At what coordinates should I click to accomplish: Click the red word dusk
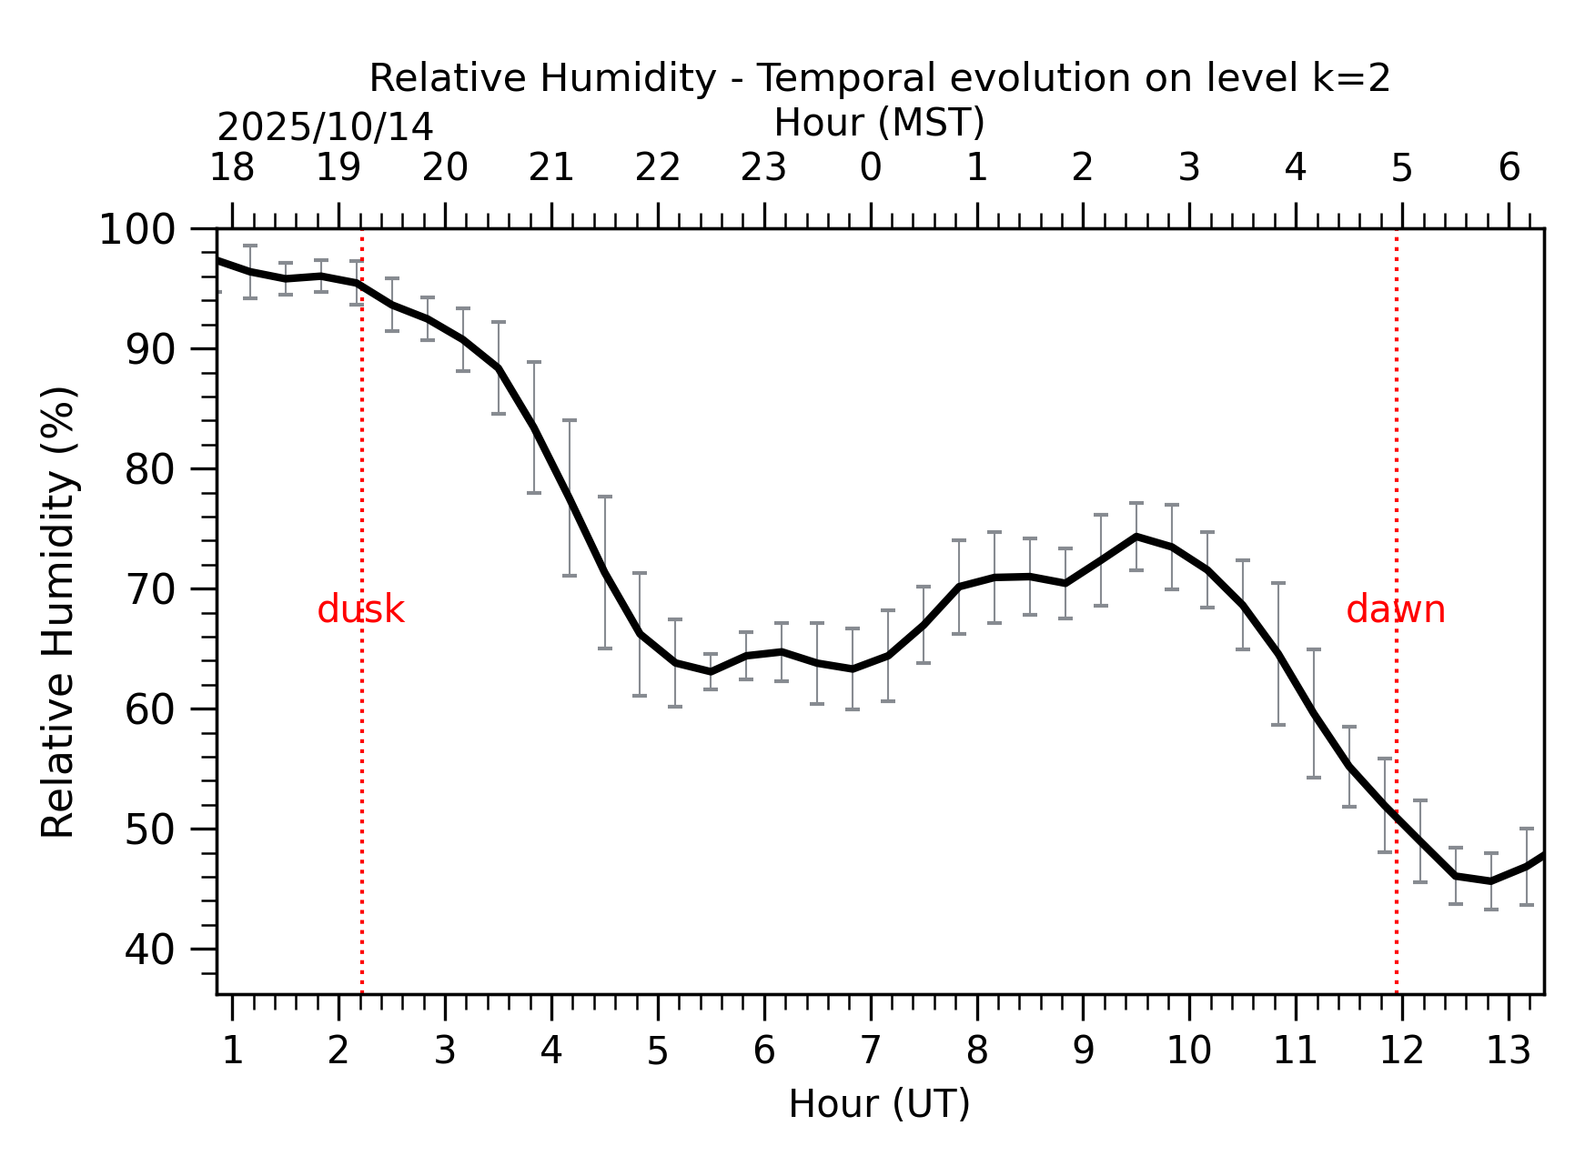[x=360, y=610]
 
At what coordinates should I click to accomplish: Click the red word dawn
[x=1395, y=610]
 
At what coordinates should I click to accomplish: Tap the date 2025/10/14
[x=325, y=127]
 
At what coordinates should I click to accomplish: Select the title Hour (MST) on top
[x=879, y=123]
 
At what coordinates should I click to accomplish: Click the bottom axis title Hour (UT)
[x=879, y=1104]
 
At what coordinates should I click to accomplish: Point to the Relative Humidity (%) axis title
[x=59, y=611]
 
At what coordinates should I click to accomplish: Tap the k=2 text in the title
[x=1350, y=78]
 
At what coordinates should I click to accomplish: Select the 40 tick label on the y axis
[x=149, y=950]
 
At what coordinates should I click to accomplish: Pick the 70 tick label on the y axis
[x=149, y=590]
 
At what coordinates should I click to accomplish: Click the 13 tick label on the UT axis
[x=1508, y=1051]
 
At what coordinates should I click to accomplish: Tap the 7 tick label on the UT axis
[x=870, y=1051]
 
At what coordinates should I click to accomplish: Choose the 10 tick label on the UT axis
[x=1188, y=1051]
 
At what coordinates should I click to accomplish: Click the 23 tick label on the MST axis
[x=763, y=168]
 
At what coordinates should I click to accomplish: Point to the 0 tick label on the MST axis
[x=870, y=168]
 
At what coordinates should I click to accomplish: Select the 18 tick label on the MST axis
[x=232, y=168]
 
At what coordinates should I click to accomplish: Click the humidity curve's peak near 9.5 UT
[x=1136, y=537]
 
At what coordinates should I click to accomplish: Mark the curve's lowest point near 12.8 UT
[x=1490, y=881]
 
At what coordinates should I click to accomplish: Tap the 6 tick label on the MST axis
[x=1509, y=168]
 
